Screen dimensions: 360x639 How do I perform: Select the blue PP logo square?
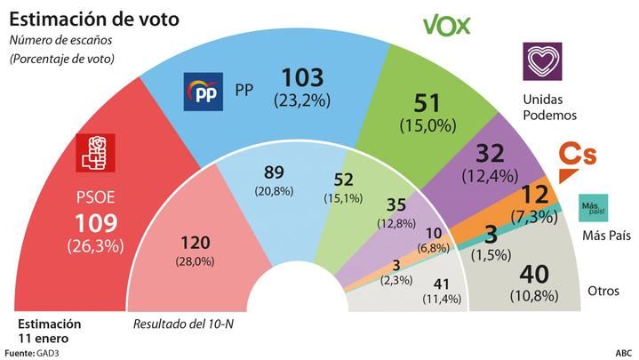tap(202, 92)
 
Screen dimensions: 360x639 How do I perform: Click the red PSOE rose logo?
tap(95, 152)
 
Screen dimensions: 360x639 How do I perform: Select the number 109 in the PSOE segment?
tap(95, 221)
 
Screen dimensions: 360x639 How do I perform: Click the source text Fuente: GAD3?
tap(33, 353)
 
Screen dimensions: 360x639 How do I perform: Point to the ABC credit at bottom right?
tap(624, 353)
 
